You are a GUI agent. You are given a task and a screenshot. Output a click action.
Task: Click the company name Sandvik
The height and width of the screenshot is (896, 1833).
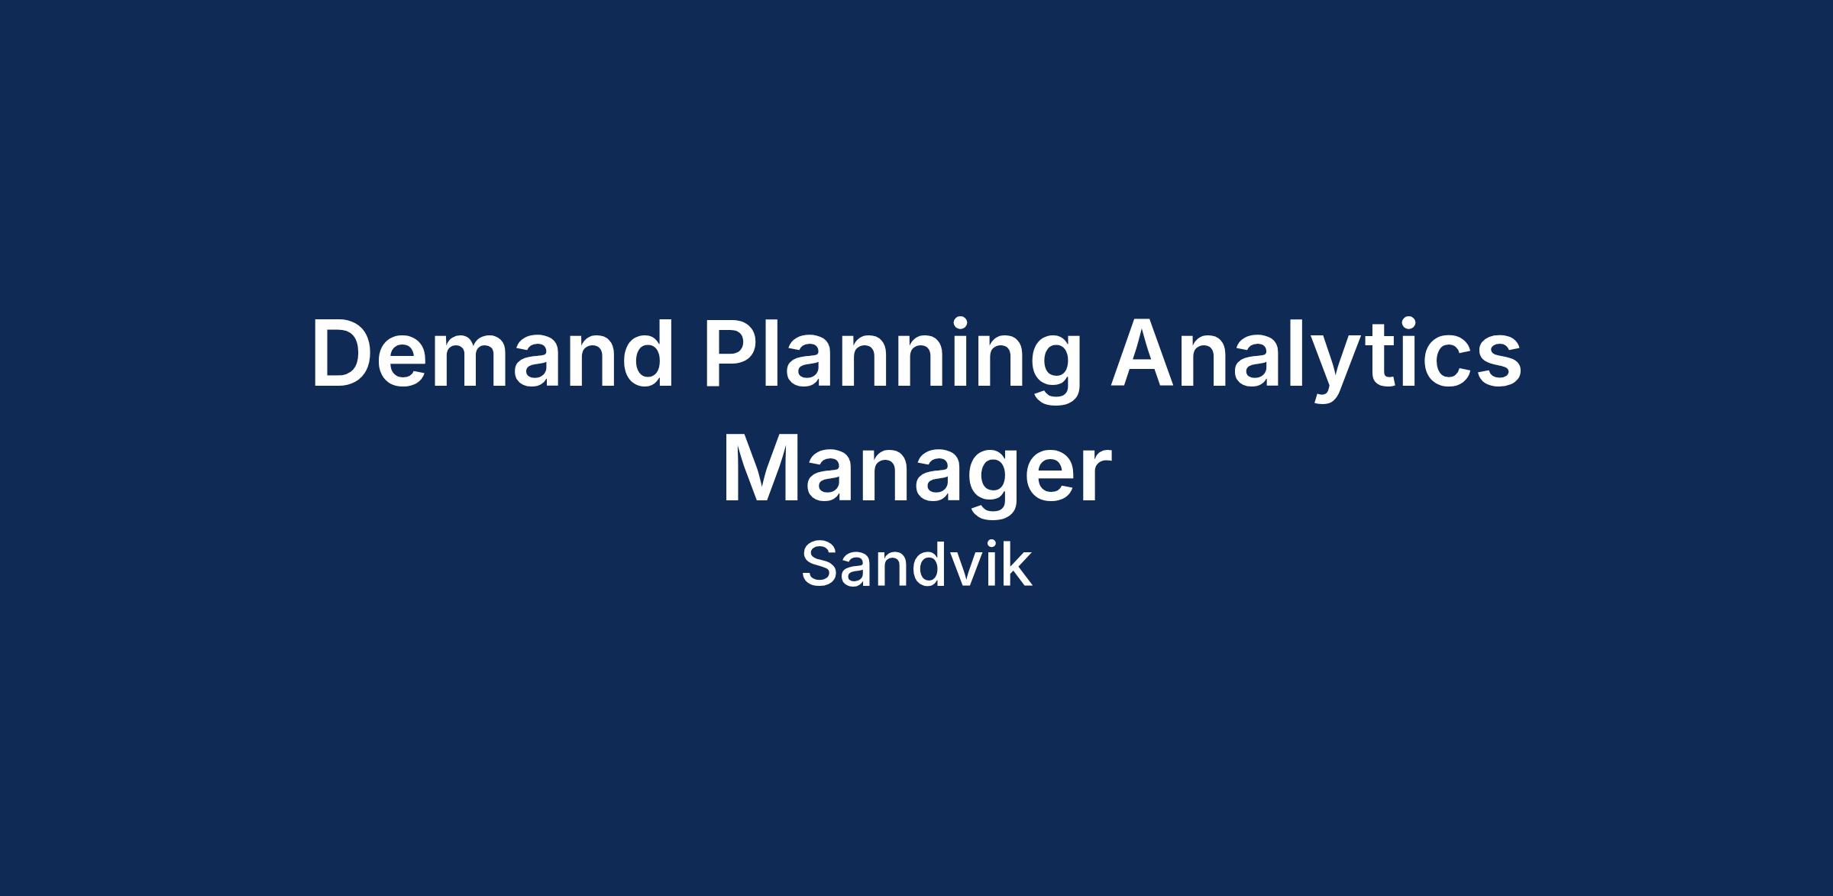(x=916, y=565)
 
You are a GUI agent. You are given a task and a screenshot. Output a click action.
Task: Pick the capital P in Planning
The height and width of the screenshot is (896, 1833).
(x=731, y=354)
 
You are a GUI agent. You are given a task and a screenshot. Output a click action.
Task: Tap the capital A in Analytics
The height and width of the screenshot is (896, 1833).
(x=1143, y=354)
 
